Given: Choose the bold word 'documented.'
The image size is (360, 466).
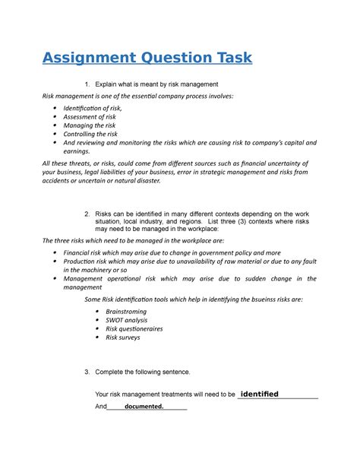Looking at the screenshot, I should (139, 407).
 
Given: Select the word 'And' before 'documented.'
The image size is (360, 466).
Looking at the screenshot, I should (101, 407).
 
